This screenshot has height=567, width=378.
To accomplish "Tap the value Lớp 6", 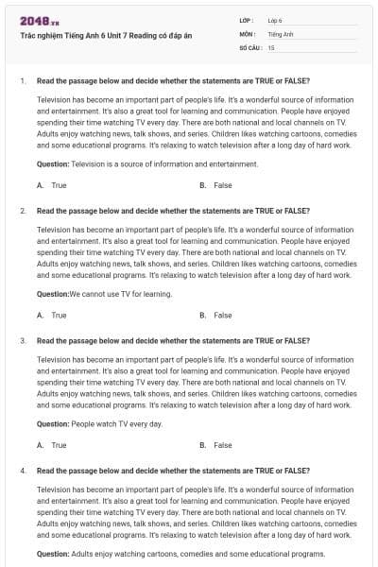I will tap(275, 20).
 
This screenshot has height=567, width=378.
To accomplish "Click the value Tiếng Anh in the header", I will tap(281, 33).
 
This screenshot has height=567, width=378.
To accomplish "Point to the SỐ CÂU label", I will tap(249, 46).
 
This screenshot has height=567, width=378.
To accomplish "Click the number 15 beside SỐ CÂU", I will tap(271, 46).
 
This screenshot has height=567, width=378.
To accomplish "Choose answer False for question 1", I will tap(222, 185).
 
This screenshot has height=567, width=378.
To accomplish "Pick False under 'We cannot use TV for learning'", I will tap(222, 315).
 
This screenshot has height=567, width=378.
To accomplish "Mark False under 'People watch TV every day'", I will tap(222, 444).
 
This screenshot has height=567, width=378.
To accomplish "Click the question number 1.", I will tap(22, 80).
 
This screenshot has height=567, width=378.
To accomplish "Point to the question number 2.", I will tap(22, 211).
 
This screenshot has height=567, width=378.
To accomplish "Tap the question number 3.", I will tap(22, 340).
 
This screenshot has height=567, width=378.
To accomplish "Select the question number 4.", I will tap(22, 470).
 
